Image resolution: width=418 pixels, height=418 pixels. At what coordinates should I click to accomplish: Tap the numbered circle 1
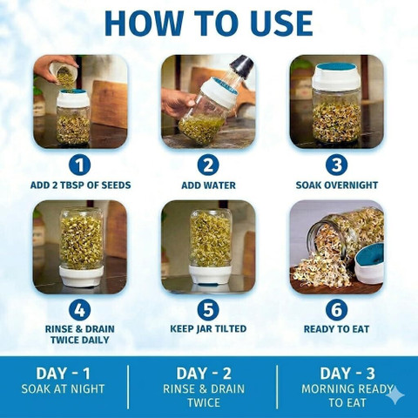(79, 165)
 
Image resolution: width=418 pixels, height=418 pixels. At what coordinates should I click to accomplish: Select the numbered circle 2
(208, 165)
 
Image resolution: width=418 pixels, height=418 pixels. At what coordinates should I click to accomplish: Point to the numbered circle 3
(336, 165)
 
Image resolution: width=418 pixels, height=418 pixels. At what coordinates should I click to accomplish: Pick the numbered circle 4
(79, 310)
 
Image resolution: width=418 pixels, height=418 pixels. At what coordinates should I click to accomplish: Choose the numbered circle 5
(208, 310)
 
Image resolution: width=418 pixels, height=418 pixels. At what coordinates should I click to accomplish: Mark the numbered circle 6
(336, 310)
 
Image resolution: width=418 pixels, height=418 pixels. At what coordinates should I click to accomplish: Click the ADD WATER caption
(208, 185)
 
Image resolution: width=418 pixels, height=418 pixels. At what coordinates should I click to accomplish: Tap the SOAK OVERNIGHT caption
(337, 185)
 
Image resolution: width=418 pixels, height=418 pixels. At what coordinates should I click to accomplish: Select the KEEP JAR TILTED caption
(208, 329)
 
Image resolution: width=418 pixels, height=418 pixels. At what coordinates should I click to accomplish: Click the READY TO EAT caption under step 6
(336, 329)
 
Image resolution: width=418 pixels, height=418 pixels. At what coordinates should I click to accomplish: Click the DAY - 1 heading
(63, 374)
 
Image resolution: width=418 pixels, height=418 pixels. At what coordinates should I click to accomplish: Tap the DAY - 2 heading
(204, 374)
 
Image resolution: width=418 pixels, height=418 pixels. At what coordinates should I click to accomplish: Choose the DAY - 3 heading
(347, 374)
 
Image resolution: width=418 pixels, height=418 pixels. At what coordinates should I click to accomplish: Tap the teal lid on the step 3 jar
(337, 67)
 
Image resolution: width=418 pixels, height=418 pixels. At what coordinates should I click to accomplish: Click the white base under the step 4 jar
(81, 275)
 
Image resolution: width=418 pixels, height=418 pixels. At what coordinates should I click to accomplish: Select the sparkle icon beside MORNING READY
(395, 394)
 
